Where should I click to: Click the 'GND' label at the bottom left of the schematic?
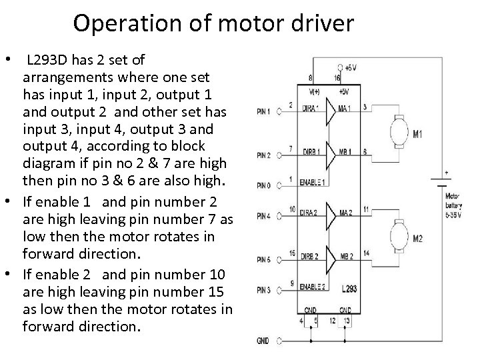(263, 341)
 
